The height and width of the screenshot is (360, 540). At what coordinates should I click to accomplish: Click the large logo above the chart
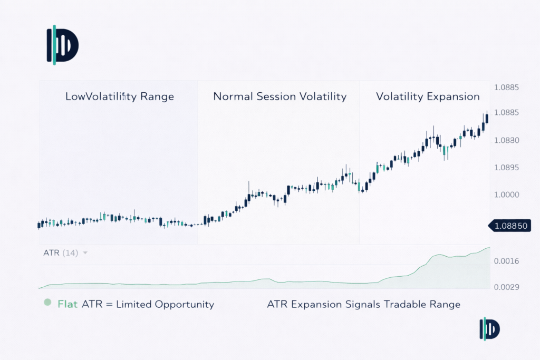(63, 45)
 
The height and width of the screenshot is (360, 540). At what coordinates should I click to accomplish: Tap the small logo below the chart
(489, 329)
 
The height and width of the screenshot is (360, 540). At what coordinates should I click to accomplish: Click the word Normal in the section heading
(233, 96)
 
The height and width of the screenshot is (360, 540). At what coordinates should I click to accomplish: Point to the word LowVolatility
(101, 96)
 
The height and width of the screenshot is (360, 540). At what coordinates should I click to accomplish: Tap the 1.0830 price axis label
(507, 140)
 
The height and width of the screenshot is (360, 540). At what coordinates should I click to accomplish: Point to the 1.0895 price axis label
(507, 168)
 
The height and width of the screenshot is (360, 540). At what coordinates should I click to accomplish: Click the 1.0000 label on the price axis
(507, 195)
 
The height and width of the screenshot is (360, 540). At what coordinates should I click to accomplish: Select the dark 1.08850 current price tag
(510, 226)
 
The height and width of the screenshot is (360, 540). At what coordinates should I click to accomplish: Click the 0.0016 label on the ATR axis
(507, 261)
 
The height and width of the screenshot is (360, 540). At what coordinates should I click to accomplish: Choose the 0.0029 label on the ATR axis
(507, 287)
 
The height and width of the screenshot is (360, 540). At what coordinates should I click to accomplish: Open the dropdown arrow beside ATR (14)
(85, 253)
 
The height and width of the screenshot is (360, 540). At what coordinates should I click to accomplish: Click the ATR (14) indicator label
(61, 253)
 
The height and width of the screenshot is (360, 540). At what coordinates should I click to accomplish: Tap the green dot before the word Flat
(47, 303)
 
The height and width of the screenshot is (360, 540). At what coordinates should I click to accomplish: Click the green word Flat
(67, 304)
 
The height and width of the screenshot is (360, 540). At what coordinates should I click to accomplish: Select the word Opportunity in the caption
(184, 305)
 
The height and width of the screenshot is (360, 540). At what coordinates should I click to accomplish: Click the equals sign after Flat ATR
(110, 305)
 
